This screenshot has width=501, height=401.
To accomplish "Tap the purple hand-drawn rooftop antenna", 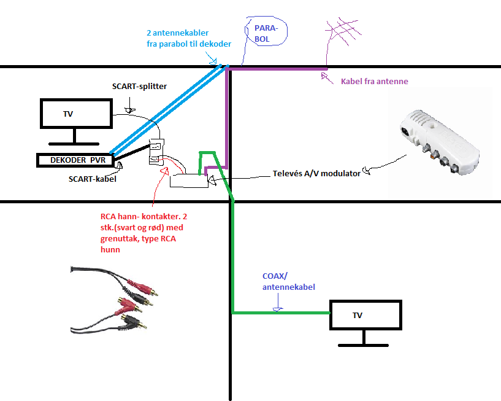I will coord(346,35).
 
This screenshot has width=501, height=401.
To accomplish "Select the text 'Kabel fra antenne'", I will coord(374,81).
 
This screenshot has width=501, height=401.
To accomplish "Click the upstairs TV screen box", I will coord(76,114).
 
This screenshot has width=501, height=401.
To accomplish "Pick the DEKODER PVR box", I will coord(73,160).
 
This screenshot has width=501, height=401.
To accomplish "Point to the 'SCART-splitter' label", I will coord(139,87).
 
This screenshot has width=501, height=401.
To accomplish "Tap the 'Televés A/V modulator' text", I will coord(315,174).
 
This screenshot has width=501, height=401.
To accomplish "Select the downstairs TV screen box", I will coord(366,316).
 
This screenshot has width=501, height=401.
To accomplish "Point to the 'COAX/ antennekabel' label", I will coord(288,282).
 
